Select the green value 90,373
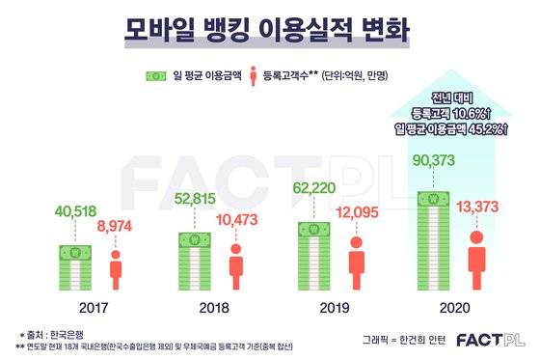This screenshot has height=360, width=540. click(x=433, y=158)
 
